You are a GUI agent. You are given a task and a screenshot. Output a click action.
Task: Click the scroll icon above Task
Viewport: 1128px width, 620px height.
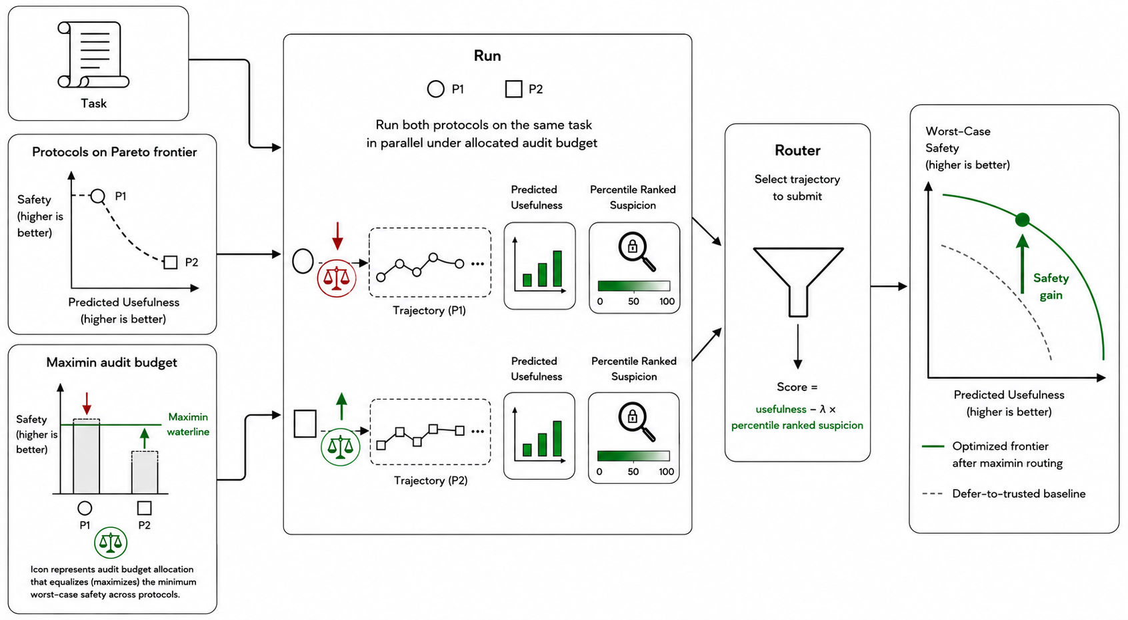click(93, 55)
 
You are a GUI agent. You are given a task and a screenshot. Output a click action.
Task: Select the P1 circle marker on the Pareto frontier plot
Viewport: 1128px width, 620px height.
click(98, 196)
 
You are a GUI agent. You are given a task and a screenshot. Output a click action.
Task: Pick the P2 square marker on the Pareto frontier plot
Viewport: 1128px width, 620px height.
click(171, 262)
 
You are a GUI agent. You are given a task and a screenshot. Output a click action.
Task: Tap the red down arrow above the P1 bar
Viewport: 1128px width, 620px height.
click(87, 403)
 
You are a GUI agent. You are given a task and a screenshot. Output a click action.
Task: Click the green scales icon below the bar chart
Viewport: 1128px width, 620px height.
click(110, 543)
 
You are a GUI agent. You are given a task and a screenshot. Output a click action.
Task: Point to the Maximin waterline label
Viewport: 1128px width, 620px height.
click(188, 424)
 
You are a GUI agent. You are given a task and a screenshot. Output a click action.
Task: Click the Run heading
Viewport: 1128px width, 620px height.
click(487, 55)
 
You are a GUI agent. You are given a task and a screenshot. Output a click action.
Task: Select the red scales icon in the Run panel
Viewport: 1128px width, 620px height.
click(337, 278)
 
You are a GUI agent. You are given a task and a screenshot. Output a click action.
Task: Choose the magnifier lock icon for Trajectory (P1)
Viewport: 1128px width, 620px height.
click(637, 251)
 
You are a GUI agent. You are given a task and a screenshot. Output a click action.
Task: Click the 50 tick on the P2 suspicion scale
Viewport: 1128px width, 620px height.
click(633, 472)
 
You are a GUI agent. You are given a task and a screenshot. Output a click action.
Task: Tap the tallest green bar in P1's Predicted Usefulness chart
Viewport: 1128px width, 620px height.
click(557, 269)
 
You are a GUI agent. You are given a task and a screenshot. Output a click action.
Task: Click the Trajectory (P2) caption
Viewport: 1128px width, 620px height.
click(431, 481)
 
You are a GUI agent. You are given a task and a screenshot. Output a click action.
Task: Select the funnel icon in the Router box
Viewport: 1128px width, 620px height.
click(797, 282)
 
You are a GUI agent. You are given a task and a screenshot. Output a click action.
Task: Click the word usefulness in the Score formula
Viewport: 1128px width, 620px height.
click(781, 409)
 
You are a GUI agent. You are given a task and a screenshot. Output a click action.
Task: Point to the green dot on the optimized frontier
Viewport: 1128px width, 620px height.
click(1022, 220)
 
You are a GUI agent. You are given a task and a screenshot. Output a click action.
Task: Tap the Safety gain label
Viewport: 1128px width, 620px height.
click(1051, 286)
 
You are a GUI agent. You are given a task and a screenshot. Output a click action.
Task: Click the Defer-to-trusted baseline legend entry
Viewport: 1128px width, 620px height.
click(1003, 493)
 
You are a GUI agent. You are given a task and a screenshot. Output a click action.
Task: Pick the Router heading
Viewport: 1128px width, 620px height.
click(797, 150)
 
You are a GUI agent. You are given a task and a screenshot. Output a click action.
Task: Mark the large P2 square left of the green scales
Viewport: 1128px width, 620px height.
click(305, 423)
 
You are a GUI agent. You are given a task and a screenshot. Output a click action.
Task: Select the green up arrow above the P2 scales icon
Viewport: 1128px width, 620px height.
click(341, 406)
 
